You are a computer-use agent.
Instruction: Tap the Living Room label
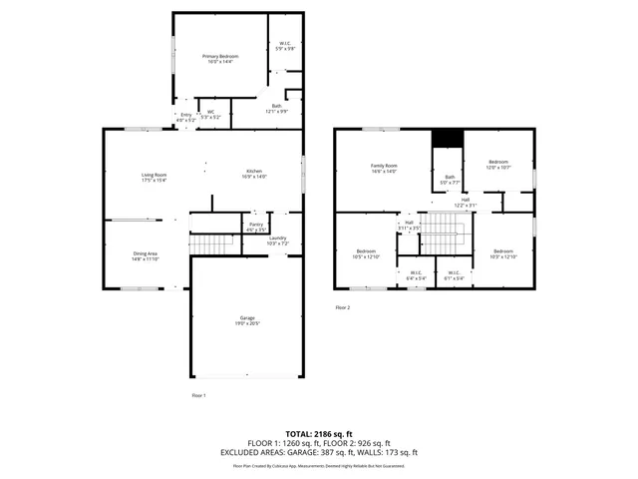tap(154, 176)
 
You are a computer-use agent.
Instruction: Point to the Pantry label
tap(256, 226)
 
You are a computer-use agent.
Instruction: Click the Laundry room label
tap(277, 239)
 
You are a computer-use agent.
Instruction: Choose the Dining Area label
tap(146, 253)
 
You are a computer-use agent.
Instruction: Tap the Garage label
tap(246, 318)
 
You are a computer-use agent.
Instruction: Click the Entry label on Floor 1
tap(185, 115)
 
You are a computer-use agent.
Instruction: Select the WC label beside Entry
tap(210, 113)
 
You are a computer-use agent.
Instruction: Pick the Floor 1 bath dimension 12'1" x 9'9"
tap(276, 111)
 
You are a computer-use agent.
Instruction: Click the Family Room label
tap(384, 166)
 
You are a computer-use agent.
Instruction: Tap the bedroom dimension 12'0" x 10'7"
tap(497, 167)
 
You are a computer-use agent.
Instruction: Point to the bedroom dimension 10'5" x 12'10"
tap(367, 256)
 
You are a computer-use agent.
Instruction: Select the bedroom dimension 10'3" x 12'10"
tap(503, 256)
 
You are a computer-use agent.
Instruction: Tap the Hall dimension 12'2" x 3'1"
tap(465, 205)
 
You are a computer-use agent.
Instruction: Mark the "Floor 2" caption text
tap(342, 307)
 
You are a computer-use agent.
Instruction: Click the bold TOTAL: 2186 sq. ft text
tap(319, 434)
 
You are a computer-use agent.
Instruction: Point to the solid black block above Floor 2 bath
tap(446, 141)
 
